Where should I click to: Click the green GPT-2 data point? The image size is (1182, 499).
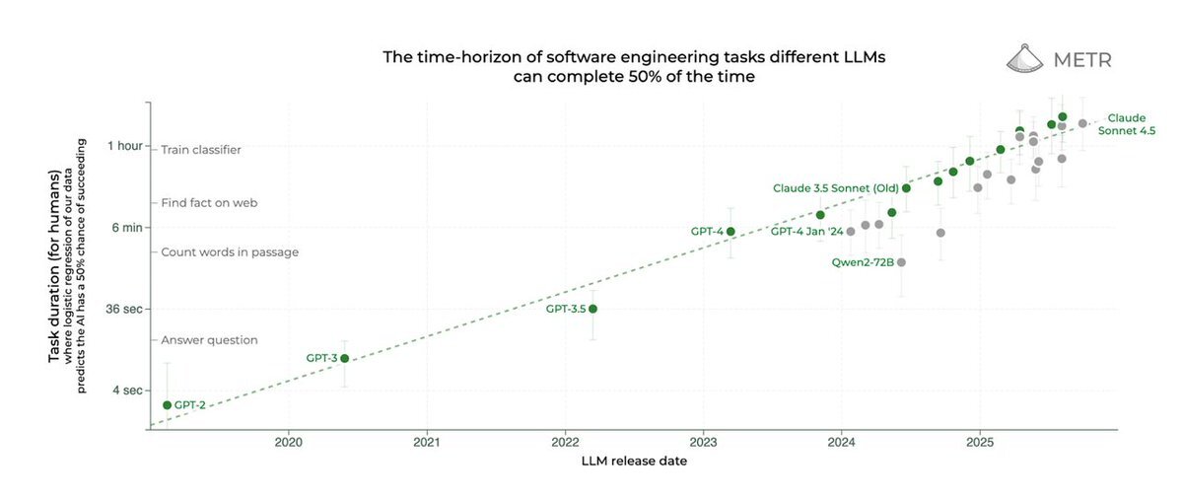pyautogui.click(x=167, y=405)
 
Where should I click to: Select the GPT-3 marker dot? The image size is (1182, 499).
pyautogui.click(x=344, y=358)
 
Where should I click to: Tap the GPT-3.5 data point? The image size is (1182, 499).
pyautogui.click(x=592, y=309)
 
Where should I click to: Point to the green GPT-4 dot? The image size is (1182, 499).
pyautogui.click(x=730, y=232)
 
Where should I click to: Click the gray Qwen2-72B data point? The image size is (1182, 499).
pyautogui.click(x=901, y=262)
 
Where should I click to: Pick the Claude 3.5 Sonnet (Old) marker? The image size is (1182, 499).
pyautogui.click(x=906, y=187)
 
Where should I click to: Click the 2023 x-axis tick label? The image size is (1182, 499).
pyautogui.click(x=703, y=443)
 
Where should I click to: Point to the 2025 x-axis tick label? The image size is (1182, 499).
pyautogui.click(x=979, y=443)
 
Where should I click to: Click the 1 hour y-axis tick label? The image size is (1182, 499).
pyautogui.click(x=124, y=146)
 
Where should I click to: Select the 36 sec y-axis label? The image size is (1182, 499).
pyautogui.click(x=124, y=309)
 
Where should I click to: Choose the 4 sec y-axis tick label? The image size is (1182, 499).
pyautogui.click(x=128, y=391)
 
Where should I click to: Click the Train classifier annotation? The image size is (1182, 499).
pyautogui.click(x=201, y=150)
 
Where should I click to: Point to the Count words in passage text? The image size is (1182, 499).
pyautogui.click(x=230, y=252)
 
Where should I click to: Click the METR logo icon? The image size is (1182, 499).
pyautogui.click(x=1025, y=59)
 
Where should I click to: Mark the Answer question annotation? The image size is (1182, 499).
pyautogui.click(x=209, y=340)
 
